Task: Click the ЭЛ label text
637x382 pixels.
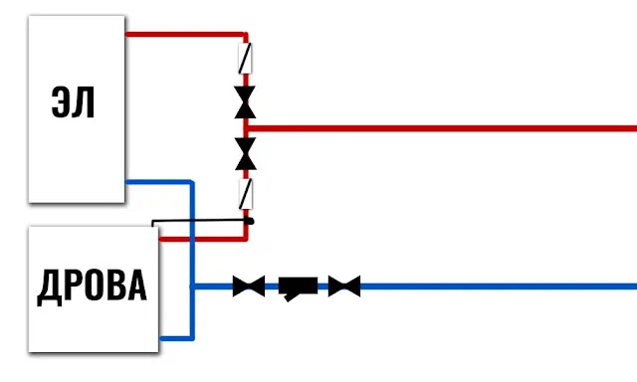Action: [73, 102]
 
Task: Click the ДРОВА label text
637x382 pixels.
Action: [93, 287]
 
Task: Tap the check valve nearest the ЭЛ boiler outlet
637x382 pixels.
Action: [245, 59]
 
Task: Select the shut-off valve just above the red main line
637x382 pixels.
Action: [245, 101]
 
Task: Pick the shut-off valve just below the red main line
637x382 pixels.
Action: [246, 153]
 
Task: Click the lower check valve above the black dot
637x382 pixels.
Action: [246, 194]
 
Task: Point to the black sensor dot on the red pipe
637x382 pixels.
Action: [250, 221]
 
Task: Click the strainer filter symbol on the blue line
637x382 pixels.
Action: [298, 287]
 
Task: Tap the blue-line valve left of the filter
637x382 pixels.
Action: [249, 286]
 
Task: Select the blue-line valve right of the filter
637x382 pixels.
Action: [344, 286]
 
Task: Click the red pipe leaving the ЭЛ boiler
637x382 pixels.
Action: [185, 35]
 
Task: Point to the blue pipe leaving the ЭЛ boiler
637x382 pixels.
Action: [159, 181]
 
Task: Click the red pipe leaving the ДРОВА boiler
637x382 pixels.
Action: [203, 239]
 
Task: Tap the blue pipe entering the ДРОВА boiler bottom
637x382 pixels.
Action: [177, 338]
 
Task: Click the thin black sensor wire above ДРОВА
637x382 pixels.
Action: [199, 221]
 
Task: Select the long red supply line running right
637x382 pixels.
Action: [441, 128]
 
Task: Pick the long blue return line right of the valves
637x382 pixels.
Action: [499, 286]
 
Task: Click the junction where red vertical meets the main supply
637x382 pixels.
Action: [246, 128]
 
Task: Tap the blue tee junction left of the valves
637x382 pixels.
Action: [192, 286]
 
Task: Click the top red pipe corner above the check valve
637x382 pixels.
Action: [246, 35]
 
